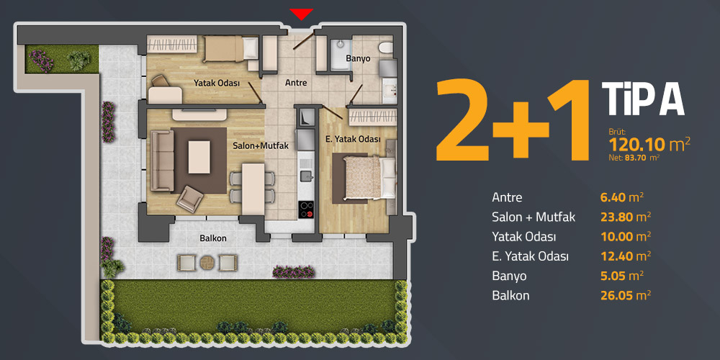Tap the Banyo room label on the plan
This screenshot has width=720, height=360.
(358, 59)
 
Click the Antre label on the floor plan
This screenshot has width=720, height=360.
(296, 83)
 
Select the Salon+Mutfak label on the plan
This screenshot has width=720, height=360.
(261, 146)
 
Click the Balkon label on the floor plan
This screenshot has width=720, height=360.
(213, 239)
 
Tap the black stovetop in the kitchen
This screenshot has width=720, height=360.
(306, 209)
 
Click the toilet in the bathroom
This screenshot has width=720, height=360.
(386, 47)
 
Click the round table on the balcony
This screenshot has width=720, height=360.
(207, 263)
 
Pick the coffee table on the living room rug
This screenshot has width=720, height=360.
(199, 157)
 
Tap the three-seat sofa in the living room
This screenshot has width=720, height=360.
(162, 161)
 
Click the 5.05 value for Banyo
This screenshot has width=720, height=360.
(611, 276)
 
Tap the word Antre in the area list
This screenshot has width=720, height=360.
(507, 197)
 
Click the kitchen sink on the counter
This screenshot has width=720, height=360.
(306, 174)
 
